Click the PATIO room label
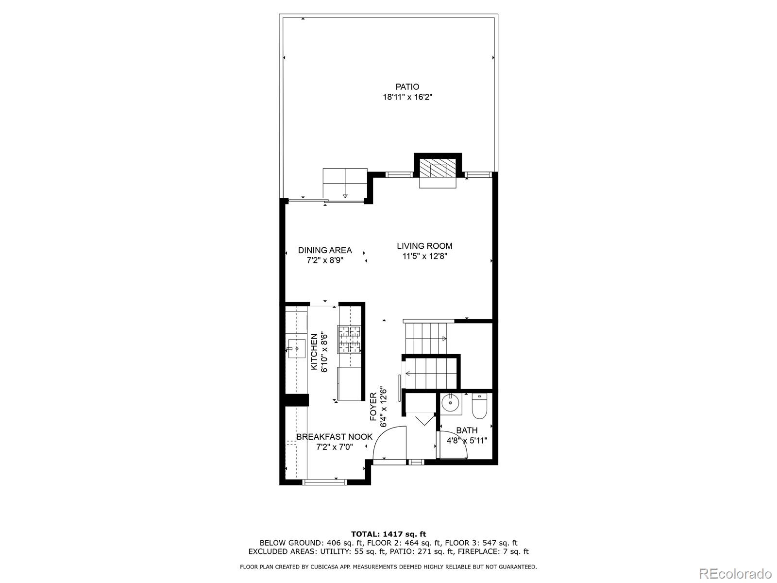[x=407, y=87]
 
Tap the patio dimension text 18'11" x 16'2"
[x=407, y=97]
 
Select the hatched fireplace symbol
[x=438, y=170]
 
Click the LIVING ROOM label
[x=424, y=246]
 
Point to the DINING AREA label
[x=325, y=250]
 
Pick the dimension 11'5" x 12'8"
[x=424, y=257]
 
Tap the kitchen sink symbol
[x=296, y=348]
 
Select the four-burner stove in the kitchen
[x=350, y=339]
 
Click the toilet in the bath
[x=480, y=407]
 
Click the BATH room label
[x=467, y=430]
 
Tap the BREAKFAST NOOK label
[x=334, y=437]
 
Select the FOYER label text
[x=373, y=407]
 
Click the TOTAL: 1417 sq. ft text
[x=388, y=534]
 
